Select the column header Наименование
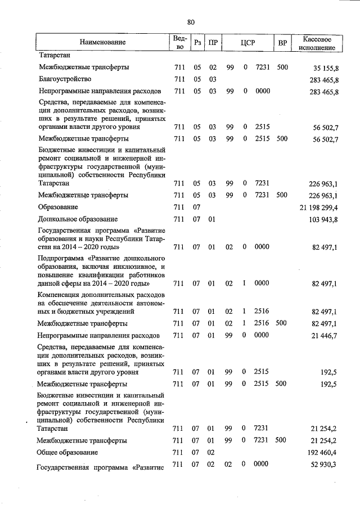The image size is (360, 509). tap(102, 42)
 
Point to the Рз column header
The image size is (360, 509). tap(197, 42)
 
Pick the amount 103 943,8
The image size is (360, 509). tap(321, 219)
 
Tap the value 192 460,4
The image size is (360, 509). tap(321, 452)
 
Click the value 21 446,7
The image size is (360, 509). tap(323, 336)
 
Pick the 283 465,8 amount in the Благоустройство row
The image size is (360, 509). tap(321, 79)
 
